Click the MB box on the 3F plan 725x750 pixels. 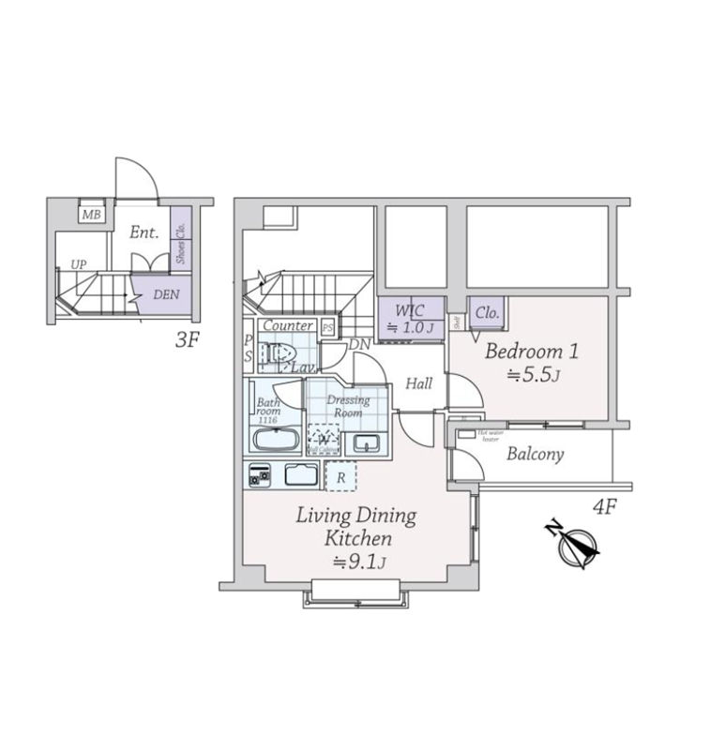(x=91, y=216)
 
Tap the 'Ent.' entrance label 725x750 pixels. (x=143, y=232)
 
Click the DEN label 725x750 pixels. (x=166, y=294)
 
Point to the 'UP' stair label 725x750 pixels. (x=79, y=265)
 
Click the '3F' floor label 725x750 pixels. (x=188, y=341)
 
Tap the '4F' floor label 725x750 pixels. (x=604, y=508)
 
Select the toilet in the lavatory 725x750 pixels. (x=275, y=354)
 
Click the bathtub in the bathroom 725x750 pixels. (x=276, y=442)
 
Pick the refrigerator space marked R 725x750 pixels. (x=340, y=476)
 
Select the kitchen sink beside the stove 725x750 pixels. (x=303, y=475)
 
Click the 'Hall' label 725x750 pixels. (x=418, y=383)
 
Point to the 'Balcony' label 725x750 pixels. (x=535, y=455)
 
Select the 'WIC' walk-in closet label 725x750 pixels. (x=410, y=310)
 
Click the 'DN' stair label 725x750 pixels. (x=358, y=344)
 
